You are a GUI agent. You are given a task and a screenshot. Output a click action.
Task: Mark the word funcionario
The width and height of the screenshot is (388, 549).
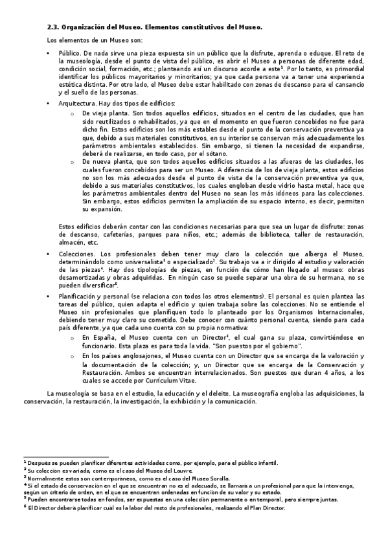tap(100, 346)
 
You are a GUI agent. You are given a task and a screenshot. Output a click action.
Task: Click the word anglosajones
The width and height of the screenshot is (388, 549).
tap(136, 357)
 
